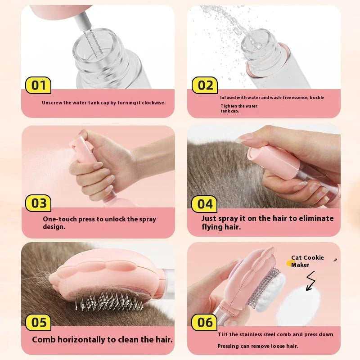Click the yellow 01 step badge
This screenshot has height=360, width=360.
pos(39,85)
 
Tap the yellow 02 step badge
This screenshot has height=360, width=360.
pos(205,85)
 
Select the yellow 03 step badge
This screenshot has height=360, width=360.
pos(39,203)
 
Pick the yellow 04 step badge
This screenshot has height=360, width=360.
pos(205,204)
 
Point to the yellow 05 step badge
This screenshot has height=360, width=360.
pos(39,322)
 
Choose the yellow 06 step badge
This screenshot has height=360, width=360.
pos(205,322)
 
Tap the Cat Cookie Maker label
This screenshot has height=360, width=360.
pos(307,261)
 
